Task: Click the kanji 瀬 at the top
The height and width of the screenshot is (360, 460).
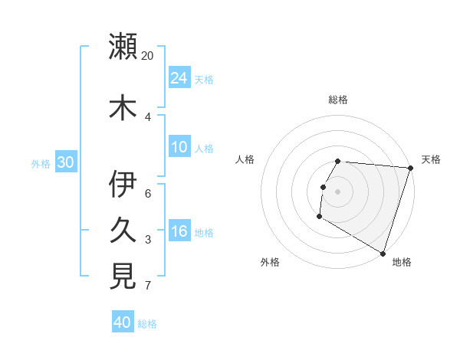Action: coord(123,45)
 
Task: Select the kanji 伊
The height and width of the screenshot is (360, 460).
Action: coord(123,185)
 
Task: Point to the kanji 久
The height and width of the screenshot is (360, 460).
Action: coord(123,230)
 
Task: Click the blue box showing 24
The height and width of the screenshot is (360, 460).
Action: coord(179,78)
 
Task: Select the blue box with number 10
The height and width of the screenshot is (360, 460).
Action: coord(179,147)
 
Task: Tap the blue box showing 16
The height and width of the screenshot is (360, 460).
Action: coord(179,231)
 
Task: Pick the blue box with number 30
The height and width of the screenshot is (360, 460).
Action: coord(65,162)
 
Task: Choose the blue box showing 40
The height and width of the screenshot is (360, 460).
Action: coord(123,322)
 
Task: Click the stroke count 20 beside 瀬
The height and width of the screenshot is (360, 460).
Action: coord(148,56)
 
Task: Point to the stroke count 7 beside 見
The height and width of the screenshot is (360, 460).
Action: coord(148,286)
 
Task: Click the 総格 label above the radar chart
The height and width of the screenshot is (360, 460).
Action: coord(338,100)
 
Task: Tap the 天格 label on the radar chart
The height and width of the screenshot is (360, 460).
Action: coord(431,159)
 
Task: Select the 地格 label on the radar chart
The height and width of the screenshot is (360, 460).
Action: coord(402,262)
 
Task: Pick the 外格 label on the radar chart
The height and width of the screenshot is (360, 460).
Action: coord(270,262)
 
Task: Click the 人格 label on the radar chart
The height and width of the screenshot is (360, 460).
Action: coord(245,159)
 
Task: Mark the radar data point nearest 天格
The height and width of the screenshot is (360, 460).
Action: coord(410,168)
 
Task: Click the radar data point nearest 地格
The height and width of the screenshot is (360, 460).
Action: coord(383,252)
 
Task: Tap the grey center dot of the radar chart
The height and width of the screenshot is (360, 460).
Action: coord(337,191)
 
